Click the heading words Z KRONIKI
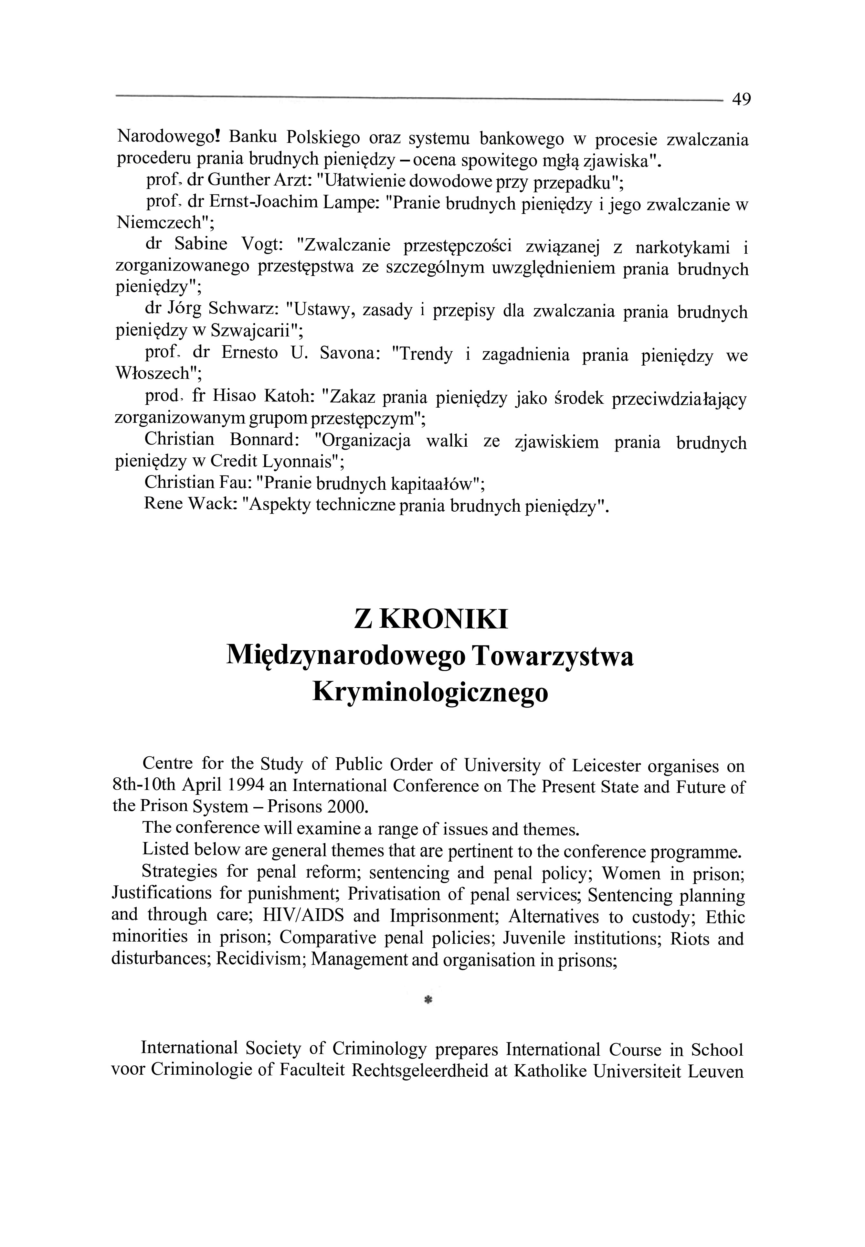(x=431, y=619)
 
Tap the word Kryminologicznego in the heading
(x=430, y=693)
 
